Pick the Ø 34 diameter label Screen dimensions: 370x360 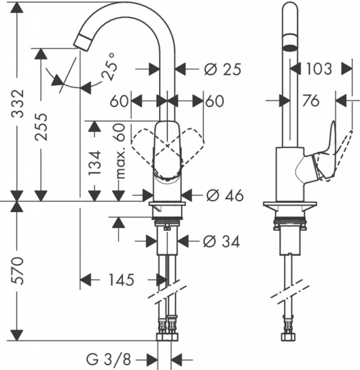[x=221, y=241]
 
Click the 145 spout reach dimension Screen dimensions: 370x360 [x=120, y=279]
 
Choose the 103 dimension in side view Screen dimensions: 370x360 [x=318, y=68]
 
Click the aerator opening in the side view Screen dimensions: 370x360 [x=289, y=47]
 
